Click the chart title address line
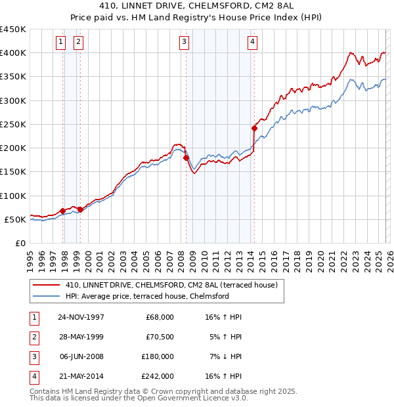coord(197,7)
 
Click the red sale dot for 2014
coord(254,128)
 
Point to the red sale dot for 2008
coord(186,158)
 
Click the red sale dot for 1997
coord(63,211)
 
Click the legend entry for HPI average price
coord(147,296)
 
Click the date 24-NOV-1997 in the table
coord(81,317)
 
